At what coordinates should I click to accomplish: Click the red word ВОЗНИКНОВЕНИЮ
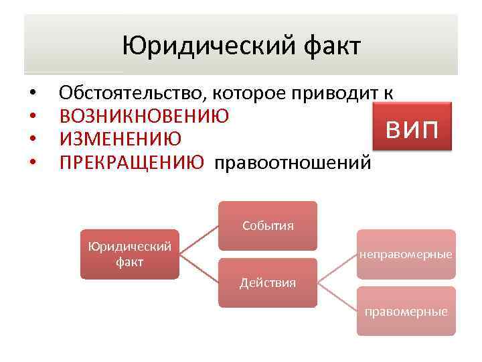pos(144,116)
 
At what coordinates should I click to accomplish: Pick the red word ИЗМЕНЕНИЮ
pos(120,139)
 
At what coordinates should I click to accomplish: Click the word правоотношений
pos(291,162)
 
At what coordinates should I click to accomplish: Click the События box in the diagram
pos(268,225)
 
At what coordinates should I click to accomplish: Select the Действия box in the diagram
pos(268,282)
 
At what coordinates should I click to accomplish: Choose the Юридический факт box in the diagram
pos(130,254)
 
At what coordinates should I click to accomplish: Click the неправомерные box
pos(406,254)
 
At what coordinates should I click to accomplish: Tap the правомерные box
pos(406,311)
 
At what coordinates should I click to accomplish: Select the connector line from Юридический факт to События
pos(199,240)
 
